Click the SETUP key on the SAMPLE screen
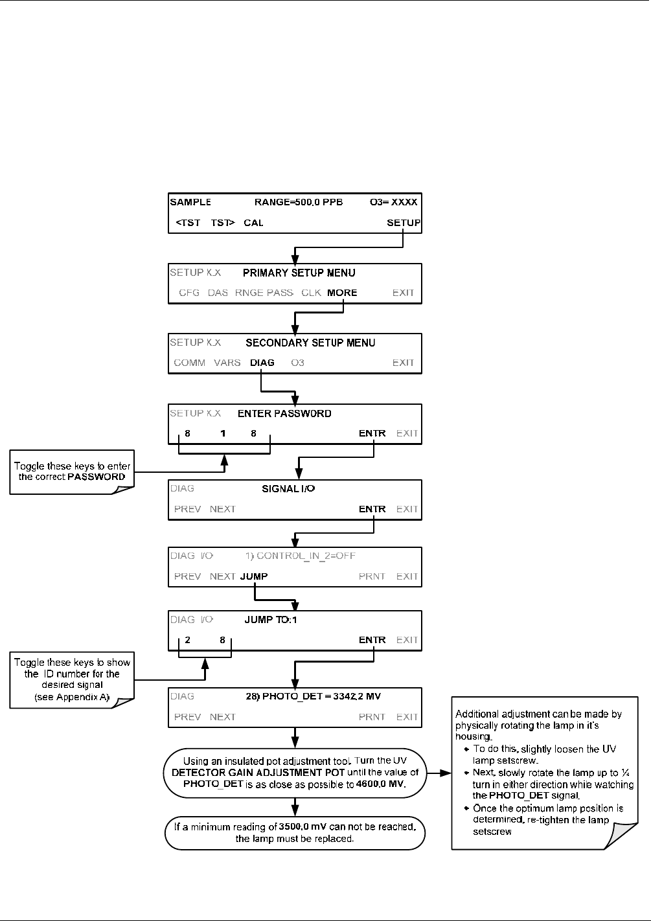[x=404, y=222]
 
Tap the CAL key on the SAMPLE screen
[x=253, y=222]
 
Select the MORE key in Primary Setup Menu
[x=342, y=293]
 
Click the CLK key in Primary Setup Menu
[x=311, y=293]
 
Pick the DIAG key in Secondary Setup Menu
[x=262, y=363]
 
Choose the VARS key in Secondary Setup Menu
[x=227, y=363]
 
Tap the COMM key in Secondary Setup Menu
[x=189, y=363]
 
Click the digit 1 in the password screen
[x=223, y=433]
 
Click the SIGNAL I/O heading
[x=288, y=488]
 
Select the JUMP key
[x=254, y=576]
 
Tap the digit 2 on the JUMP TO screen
[x=188, y=640]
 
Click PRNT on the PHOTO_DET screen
[x=372, y=716]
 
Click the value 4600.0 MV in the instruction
[x=381, y=784]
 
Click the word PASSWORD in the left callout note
[x=97, y=477]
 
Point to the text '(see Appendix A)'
[x=72, y=697]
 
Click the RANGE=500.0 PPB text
[x=299, y=202]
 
